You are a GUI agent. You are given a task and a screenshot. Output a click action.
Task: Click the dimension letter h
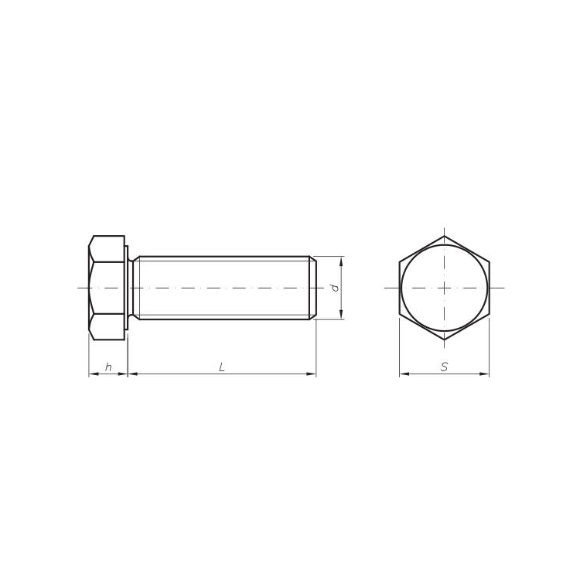(x=108, y=367)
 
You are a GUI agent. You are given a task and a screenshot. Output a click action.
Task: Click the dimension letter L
(x=222, y=367)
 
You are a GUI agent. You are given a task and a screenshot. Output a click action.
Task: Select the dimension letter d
(x=335, y=288)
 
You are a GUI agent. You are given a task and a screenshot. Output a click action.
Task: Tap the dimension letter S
(x=444, y=367)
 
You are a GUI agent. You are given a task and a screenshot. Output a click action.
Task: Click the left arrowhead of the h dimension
(x=94, y=374)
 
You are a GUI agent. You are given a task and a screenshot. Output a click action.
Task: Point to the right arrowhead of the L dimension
(x=312, y=374)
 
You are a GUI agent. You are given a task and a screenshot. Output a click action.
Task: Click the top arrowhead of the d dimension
(x=341, y=261)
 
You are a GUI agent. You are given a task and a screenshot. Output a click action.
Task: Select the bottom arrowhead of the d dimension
(x=341, y=315)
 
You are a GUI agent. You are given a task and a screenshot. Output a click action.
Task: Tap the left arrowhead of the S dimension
(x=404, y=374)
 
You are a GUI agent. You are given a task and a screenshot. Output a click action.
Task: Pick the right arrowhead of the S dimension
(x=485, y=374)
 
